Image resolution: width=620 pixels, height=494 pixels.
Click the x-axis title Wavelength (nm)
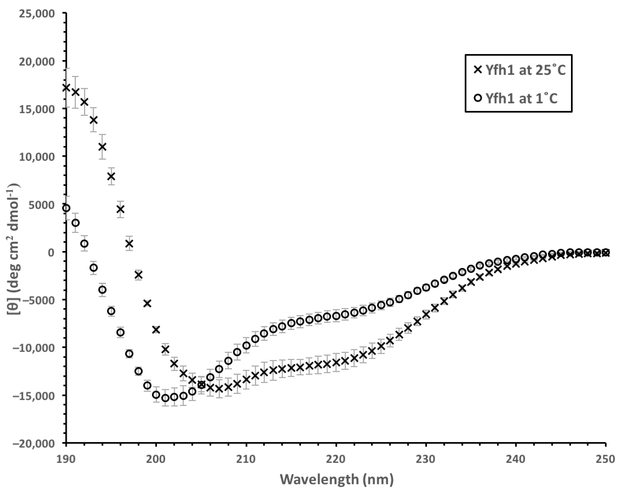pos(336,479)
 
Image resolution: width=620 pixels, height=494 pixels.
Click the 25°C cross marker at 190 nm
pos(66,88)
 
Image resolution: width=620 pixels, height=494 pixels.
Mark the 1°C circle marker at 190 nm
pos(66,208)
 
